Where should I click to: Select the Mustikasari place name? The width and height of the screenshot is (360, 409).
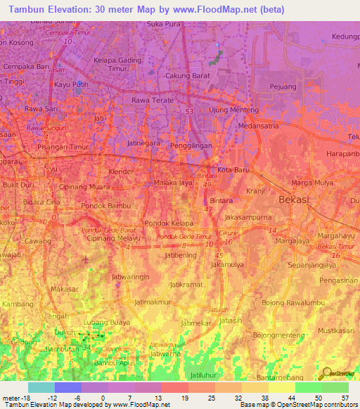coord(335,330)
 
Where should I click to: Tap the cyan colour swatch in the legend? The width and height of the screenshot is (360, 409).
coord(41,387)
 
